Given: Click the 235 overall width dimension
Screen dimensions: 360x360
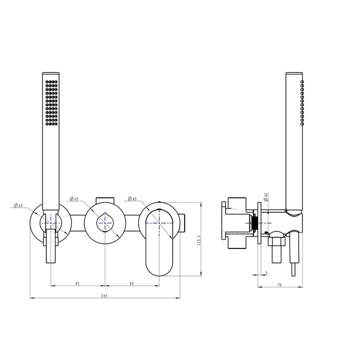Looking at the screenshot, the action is coord(104,296).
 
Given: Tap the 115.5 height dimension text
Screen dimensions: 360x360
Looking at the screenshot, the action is coord(199,240).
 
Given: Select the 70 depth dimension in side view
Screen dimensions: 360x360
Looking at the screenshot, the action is coord(279,285).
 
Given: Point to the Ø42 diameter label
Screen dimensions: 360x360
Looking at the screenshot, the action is coord(266,197).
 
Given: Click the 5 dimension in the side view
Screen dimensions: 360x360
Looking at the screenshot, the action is coord(266,273).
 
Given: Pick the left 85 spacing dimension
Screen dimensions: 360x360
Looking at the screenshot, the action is coord(77,283).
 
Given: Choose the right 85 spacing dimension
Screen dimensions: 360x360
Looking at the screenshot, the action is coord(132,283).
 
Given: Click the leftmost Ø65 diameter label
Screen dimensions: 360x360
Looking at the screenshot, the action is coord(19,205).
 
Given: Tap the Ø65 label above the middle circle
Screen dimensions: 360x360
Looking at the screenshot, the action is coord(74,199).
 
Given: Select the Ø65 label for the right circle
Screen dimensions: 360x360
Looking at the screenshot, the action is coord(132,199).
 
